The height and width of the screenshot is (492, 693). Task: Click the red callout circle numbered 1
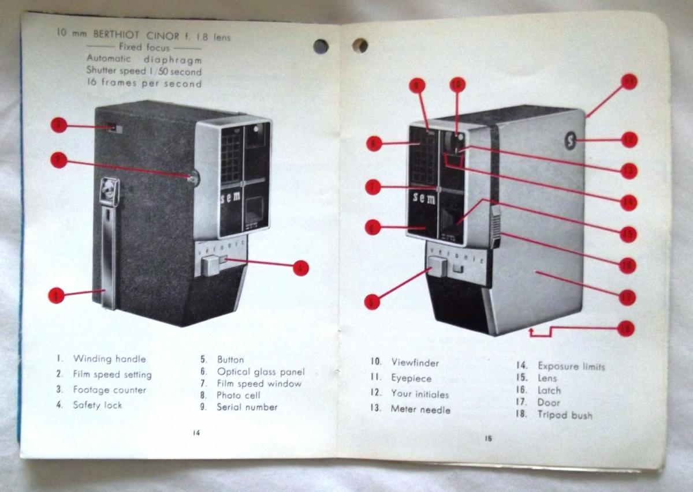pos(56,295)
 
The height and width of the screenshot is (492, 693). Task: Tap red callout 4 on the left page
pos(300,267)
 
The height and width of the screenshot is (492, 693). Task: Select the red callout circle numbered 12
pos(629,140)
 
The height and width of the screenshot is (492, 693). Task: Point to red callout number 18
pos(625,328)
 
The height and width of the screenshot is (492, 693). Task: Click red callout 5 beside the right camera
pos(373,301)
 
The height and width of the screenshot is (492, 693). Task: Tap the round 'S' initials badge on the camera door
pos(571,141)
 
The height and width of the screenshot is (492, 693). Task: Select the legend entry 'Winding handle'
pos(109,359)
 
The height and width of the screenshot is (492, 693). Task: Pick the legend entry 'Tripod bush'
pos(564,415)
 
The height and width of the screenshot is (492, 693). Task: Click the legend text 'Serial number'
pos(247,407)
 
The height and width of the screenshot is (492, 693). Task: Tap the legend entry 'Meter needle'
pos(420,410)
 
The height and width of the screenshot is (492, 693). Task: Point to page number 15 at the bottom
pos(489,438)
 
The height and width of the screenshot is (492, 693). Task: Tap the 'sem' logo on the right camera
pos(424,198)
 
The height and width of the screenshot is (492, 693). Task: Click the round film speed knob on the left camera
pos(193,178)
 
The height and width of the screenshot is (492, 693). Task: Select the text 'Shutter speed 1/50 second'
pos(144,72)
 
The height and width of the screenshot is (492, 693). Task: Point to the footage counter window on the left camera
pos(115,129)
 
